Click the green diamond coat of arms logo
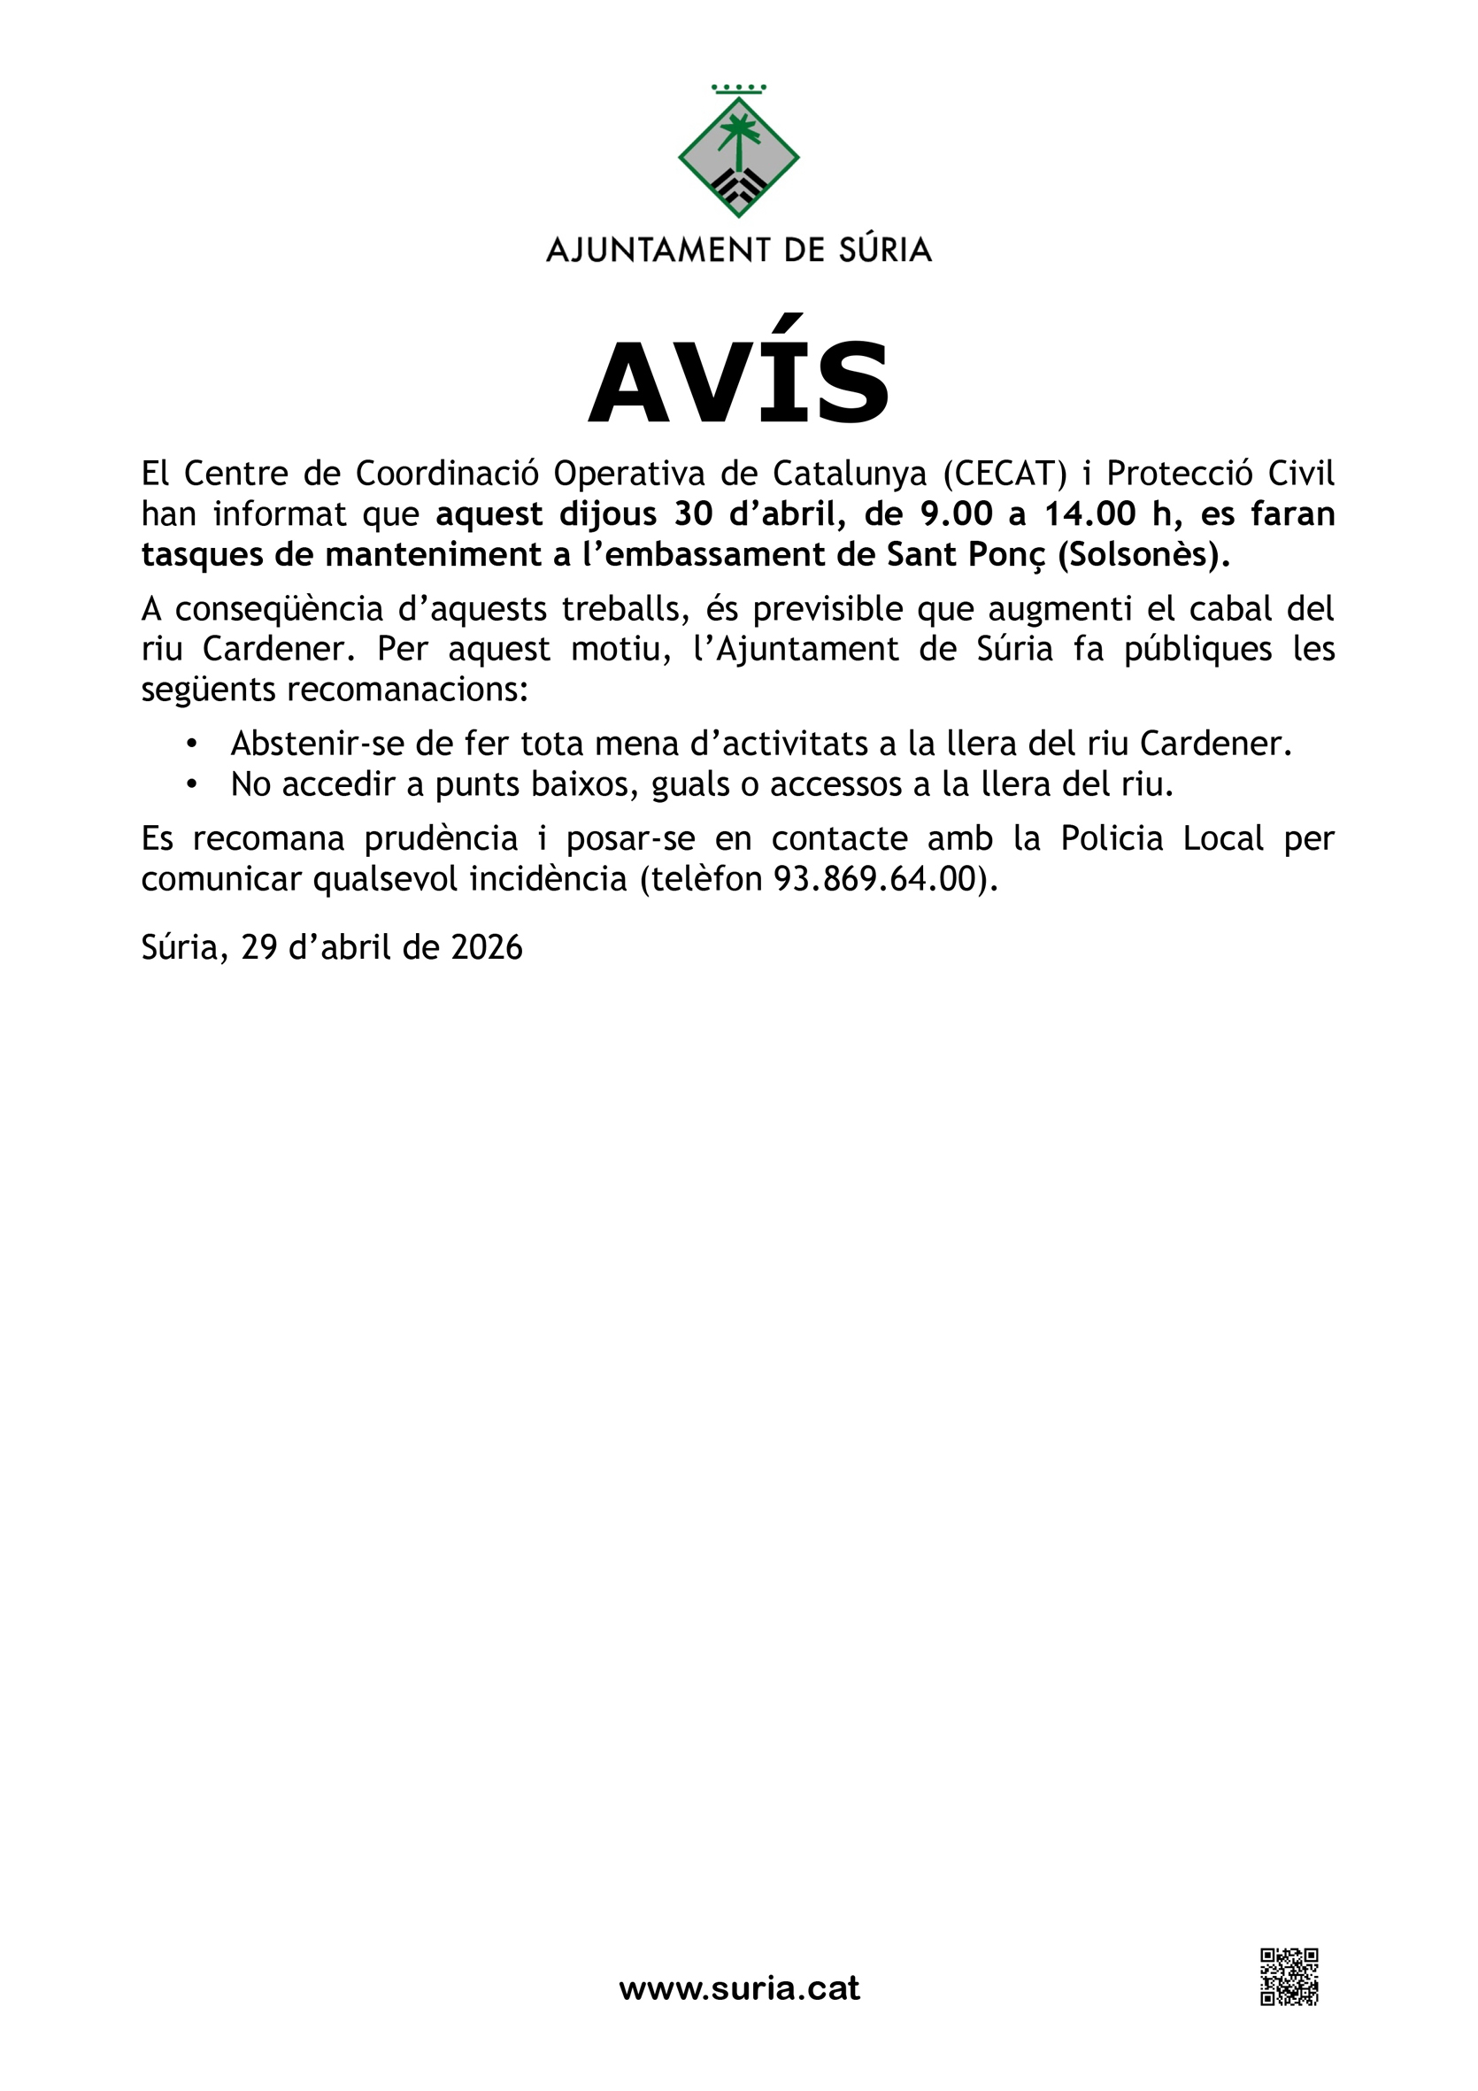(738, 155)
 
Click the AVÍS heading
(738, 382)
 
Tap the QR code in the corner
(1289, 1977)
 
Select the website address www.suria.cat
(738, 1987)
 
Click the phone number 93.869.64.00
(881, 879)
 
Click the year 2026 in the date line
(487, 948)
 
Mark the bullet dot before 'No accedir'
(191, 784)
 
